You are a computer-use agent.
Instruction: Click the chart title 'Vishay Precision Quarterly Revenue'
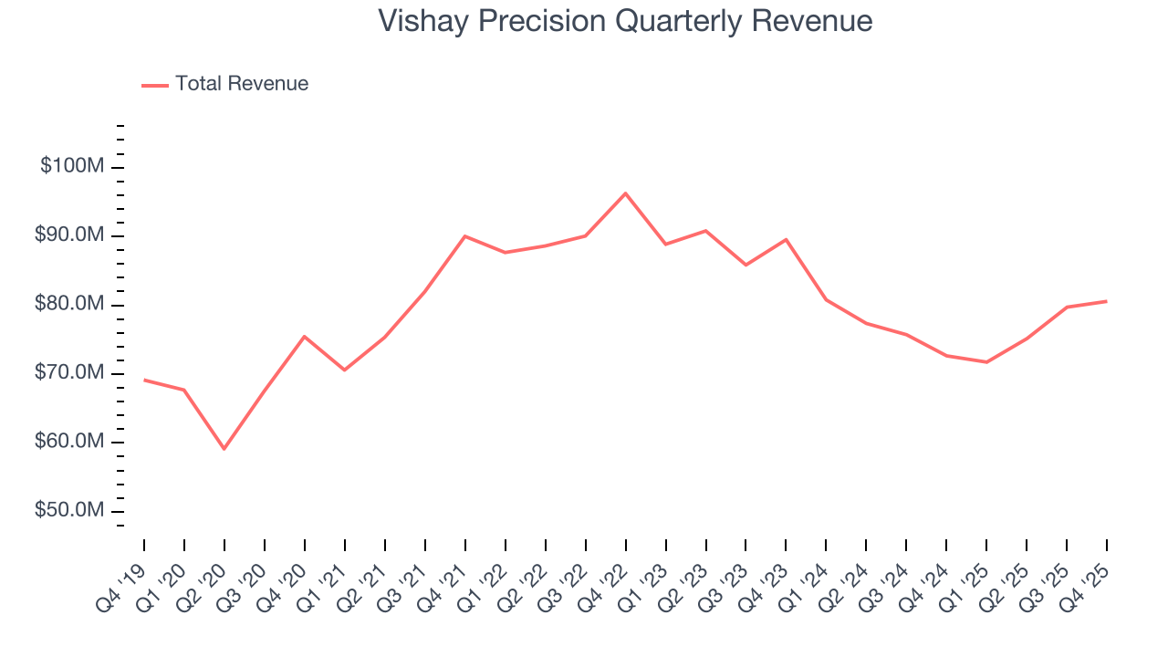click(625, 21)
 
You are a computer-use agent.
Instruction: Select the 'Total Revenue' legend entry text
click(242, 84)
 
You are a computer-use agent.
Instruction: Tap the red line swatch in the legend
click(155, 85)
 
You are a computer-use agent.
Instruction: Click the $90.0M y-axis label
click(70, 235)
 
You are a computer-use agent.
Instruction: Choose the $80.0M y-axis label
click(70, 304)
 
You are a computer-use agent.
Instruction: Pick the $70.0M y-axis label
click(70, 373)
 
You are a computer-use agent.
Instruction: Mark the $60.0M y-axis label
click(70, 442)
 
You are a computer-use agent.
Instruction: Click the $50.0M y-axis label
click(70, 510)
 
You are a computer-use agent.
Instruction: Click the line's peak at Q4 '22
click(625, 193)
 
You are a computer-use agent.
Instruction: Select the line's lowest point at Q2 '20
click(224, 449)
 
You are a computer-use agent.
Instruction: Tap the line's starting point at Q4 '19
click(144, 380)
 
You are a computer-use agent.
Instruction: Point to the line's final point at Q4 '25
click(1106, 301)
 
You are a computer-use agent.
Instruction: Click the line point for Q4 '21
click(464, 236)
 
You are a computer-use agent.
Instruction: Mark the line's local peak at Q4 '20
click(304, 337)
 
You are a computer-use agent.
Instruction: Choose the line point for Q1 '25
click(986, 362)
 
